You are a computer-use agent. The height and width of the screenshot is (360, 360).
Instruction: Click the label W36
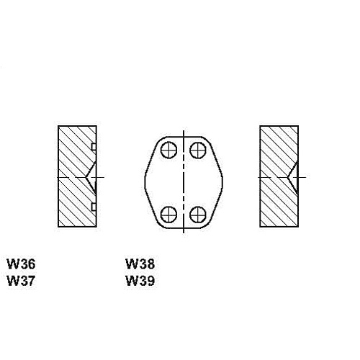21,264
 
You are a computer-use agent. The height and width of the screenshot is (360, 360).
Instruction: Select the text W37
21,281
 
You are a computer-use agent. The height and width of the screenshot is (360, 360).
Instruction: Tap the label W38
140,264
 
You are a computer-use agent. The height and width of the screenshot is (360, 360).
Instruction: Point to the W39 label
140,281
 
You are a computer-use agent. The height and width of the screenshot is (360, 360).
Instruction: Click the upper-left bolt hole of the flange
168,150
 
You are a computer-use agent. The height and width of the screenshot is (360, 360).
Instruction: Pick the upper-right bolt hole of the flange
198,150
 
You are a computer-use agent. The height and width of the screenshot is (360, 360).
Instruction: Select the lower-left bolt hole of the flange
168,215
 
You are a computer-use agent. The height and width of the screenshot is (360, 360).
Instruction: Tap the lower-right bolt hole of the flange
198,215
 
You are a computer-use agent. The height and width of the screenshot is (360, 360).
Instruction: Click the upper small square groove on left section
94,147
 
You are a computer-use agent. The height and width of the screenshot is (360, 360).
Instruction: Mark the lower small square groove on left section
94,207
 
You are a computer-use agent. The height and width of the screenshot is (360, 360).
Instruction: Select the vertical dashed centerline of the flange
184,181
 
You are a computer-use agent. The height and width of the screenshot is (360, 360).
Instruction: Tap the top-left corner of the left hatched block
58,126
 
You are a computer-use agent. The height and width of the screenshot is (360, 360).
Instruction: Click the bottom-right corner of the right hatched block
298,227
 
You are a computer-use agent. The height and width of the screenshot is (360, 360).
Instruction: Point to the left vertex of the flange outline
145,182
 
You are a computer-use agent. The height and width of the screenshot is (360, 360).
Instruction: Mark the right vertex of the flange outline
222,182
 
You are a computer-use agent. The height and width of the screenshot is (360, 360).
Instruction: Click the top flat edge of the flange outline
184,137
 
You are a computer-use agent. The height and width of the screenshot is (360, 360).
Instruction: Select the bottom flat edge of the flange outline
184,228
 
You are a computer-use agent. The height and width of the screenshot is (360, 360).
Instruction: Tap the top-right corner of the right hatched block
298,126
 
